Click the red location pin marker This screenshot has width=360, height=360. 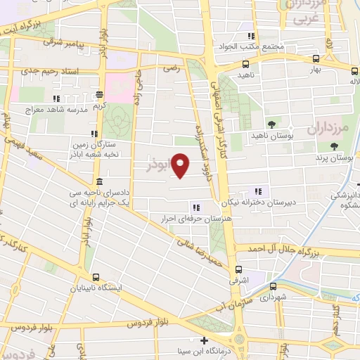coord(181,165)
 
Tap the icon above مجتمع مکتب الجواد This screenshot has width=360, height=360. coord(250,36)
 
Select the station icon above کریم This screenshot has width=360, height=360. coord(101,94)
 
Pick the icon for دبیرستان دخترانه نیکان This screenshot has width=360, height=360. coord(258,191)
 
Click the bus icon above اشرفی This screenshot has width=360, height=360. coord(238,269)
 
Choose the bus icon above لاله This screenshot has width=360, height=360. coord(354,70)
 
